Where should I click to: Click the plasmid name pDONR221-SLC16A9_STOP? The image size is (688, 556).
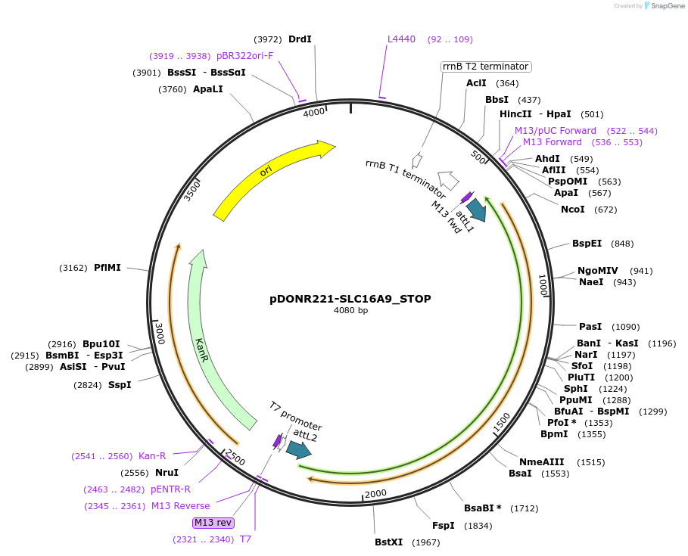(350, 299)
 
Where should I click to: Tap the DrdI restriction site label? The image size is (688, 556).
(300, 39)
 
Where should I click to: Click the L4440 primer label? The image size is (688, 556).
(401, 39)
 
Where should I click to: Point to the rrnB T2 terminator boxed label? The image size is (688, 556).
(486, 67)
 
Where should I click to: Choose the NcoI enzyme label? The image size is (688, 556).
(572, 210)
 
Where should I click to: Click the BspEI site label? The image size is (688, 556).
(587, 244)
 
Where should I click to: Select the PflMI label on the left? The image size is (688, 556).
(108, 268)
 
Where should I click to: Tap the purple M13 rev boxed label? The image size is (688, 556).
(213, 523)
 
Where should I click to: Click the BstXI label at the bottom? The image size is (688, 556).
(389, 542)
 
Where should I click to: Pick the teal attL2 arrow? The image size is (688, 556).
(299, 450)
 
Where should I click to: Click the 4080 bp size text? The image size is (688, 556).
(350, 311)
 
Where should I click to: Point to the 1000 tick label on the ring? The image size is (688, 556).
(543, 285)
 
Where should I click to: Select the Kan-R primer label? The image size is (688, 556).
(152, 456)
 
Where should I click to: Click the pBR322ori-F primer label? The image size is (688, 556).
(244, 56)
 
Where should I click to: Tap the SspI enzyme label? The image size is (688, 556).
(120, 385)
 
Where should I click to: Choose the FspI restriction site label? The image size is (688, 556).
(443, 526)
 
